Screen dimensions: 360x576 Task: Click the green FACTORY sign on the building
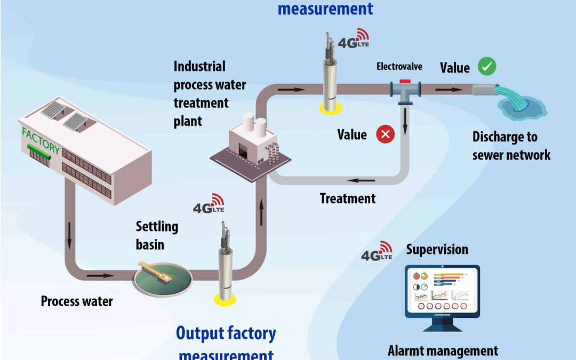pyautogui.click(x=41, y=140)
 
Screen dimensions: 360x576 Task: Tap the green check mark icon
pyautogui.click(x=487, y=67)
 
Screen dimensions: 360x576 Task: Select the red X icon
pyautogui.click(x=385, y=134)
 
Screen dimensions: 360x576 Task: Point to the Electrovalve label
pyautogui.click(x=399, y=67)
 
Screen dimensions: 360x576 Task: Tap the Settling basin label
pyautogui.click(x=157, y=235)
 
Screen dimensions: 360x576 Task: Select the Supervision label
pyautogui.click(x=437, y=249)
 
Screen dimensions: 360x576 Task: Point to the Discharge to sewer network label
pyautogui.click(x=511, y=146)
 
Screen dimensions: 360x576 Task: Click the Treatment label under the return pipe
pyautogui.click(x=348, y=199)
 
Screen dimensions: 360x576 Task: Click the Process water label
pyautogui.click(x=77, y=301)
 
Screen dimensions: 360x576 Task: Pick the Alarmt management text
pyautogui.click(x=443, y=350)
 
